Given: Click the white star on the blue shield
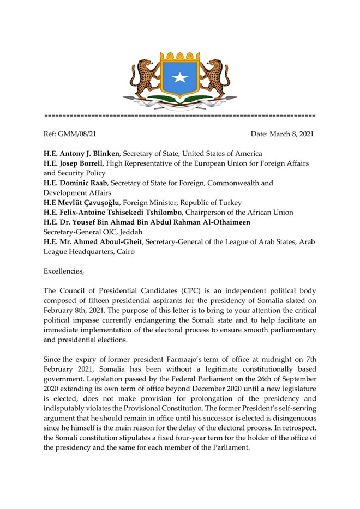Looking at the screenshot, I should [x=179, y=78].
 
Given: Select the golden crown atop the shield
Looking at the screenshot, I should [x=179, y=56].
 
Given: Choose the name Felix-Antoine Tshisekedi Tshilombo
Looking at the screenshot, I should [x=128, y=213].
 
